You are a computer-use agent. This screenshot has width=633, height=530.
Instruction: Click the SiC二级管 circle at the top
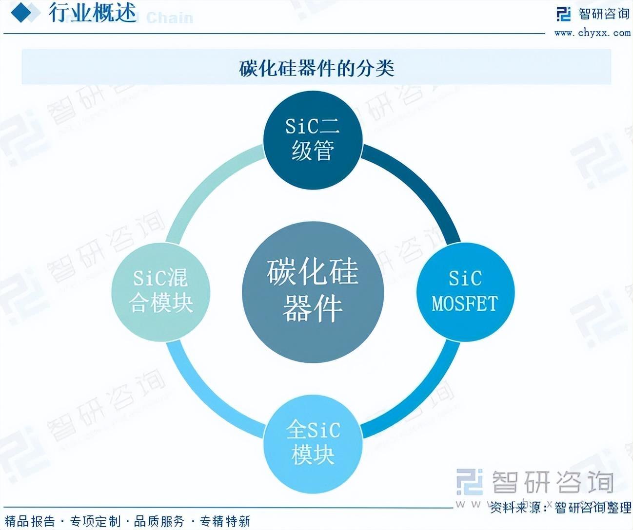[x=313, y=138]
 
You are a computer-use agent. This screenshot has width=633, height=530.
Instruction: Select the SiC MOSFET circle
[x=465, y=291]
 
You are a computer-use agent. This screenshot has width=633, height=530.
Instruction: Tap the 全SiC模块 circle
[x=313, y=443]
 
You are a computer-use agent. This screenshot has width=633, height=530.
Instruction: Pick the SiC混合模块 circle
[x=161, y=291]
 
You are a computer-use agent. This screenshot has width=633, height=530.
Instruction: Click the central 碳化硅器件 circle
[x=313, y=291]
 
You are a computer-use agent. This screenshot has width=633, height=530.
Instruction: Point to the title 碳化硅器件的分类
[x=316, y=68]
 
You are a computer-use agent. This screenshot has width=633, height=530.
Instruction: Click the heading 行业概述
[x=92, y=13]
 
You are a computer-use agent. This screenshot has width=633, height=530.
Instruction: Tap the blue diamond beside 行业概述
[x=24, y=13]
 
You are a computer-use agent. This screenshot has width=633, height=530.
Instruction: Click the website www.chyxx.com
[x=592, y=33]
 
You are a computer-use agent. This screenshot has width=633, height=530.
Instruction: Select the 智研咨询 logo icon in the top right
[x=564, y=14]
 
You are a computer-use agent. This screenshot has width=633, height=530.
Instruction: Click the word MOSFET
[x=465, y=303]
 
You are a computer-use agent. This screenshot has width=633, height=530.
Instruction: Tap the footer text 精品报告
[x=30, y=521]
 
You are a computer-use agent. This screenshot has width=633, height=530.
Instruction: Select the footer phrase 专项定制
[x=95, y=521]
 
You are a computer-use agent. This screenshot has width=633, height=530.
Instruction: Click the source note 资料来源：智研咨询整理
[x=561, y=508]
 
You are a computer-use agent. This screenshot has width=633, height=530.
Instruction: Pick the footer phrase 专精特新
[x=225, y=521]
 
